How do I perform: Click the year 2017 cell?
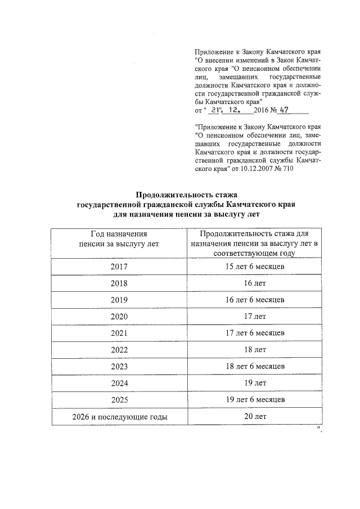(119, 266)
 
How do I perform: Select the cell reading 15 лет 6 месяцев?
(254, 266)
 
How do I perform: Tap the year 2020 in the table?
(119, 316)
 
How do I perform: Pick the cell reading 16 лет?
(254, 283)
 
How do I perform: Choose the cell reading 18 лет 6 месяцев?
(254, 366)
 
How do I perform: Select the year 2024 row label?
(119, 383)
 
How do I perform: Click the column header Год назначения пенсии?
(119, 238)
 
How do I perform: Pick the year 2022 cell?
(119, 349)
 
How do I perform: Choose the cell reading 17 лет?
(254, 316)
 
